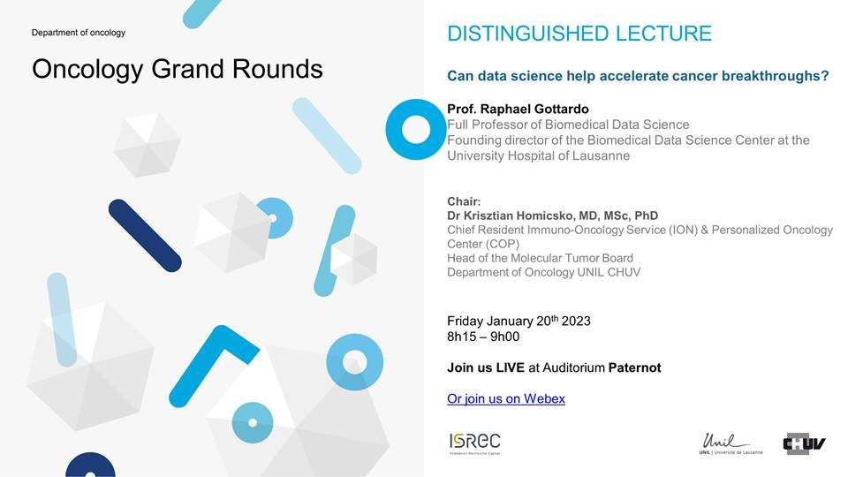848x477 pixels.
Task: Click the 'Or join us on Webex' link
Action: [505, 398]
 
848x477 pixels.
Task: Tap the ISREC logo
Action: [475, 443]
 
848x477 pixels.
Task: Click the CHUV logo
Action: [804, 443]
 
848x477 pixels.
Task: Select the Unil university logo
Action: [731, 443]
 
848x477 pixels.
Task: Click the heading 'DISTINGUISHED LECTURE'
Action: [579, 34]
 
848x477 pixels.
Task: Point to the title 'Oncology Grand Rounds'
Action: [178, 69]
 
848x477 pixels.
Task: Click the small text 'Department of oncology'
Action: [79, 33]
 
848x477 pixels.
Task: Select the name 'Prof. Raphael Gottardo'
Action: [518, 109]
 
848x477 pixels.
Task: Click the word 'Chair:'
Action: [464, 201]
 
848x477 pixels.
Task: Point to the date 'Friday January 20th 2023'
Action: [519, 321]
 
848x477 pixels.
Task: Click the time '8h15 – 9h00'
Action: [483, 337]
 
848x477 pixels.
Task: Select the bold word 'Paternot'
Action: [634, 367]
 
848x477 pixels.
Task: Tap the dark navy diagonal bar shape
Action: [145, 235]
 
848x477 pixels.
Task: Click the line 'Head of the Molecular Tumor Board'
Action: [540, 258]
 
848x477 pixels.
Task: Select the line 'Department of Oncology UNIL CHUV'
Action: [543, 272]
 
